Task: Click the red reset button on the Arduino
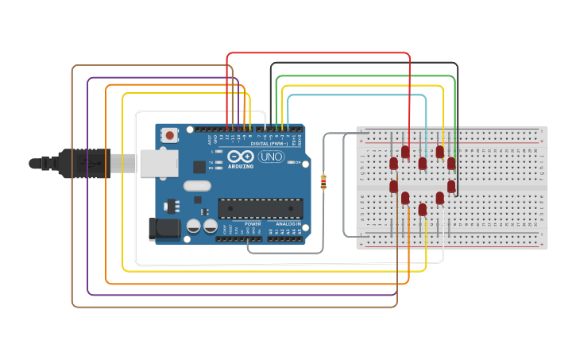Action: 171,136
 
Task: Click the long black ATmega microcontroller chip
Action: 260,208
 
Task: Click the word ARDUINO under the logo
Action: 242,167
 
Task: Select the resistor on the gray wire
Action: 323,183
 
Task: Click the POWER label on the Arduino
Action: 253,224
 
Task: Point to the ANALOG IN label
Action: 288,224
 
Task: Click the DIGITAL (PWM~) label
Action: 270,143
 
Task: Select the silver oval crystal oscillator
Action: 197,186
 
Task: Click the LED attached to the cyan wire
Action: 423,163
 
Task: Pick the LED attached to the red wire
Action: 405,151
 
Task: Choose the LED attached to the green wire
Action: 451,163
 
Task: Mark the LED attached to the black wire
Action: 451,187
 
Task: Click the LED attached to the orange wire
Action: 405,197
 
